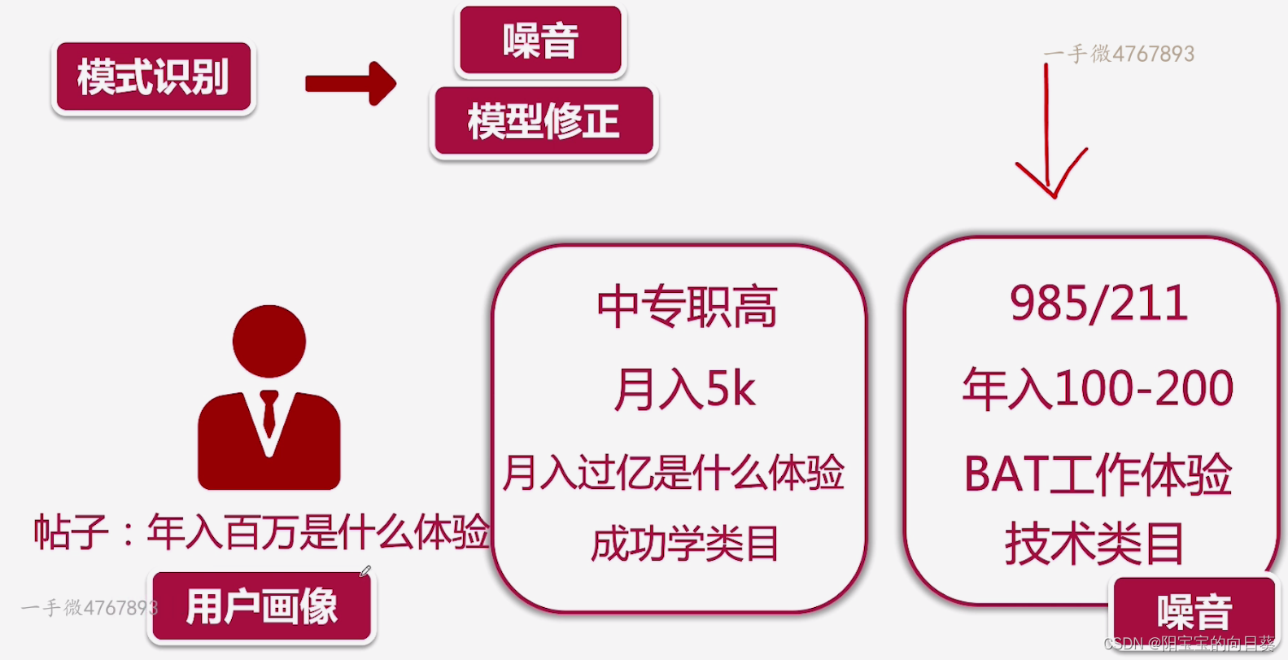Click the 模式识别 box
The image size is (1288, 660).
pos(154,77)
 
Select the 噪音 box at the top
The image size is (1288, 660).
pos(540,41)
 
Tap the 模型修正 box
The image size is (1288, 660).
pos(544,121)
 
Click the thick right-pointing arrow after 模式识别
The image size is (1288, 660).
pos(351,83)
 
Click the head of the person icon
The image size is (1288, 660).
pos(269,341)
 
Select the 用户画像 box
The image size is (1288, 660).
pos(261,606)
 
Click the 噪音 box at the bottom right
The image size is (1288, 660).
pos(1194,610)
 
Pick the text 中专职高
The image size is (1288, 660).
pos(687,307)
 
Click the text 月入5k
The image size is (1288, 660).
pos(685,388)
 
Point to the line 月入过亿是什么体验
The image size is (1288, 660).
pos(674,473)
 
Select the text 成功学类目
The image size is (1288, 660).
pos(684,544)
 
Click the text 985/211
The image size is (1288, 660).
pos(1098,304)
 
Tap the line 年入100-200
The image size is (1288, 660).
pos(1098,388)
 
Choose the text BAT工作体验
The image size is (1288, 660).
pos(1098,474)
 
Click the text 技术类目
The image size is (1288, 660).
pos(1094,544)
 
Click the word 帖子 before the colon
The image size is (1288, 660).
pos(71,533)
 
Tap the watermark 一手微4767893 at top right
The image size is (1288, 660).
pos(1119,55)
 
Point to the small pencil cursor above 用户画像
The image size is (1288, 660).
pos(365,571)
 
